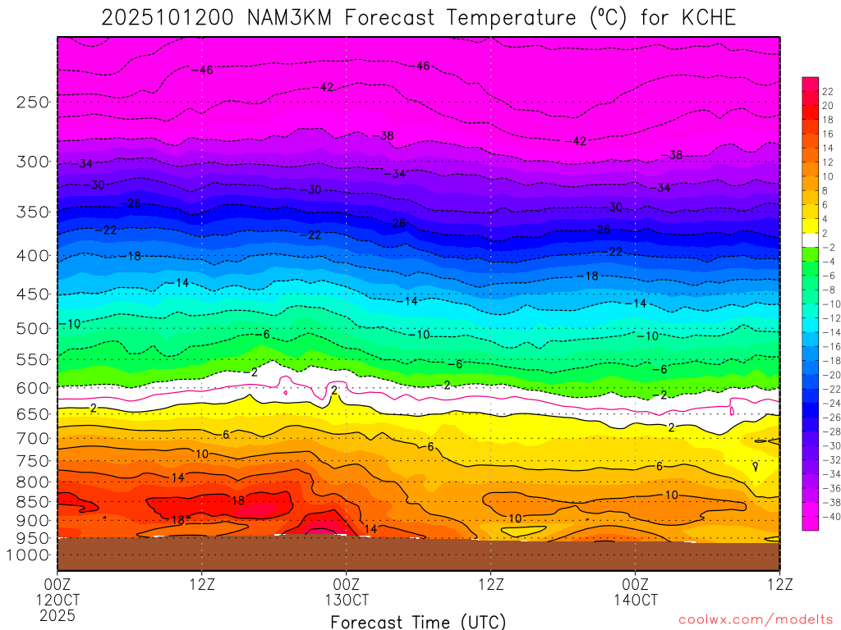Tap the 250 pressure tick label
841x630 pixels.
pyautogui.click(x=34, y=103)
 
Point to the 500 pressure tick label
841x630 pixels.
pyautogui.click(x=34, y=328)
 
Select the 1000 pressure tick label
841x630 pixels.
pyautogui.click(x=30, y=555)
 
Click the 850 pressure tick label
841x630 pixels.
pyautogui.click(x=34, y=500)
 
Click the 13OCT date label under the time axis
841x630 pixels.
pyautogui.click(x=347, y=600)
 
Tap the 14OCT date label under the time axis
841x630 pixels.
pyautogui.click(x=635, y=600)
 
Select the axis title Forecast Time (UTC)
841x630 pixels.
pyautogui.click(x=418, y=622)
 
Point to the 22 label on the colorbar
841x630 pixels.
pyautogui.click(x=828, y=91)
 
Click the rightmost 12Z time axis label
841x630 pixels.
pyautogui.click(x=779, y=585)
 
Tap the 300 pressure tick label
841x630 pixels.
pyautogui.click(x=34, y=162)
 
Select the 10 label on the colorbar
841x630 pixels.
pyautogui.click(x=828, y=176)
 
